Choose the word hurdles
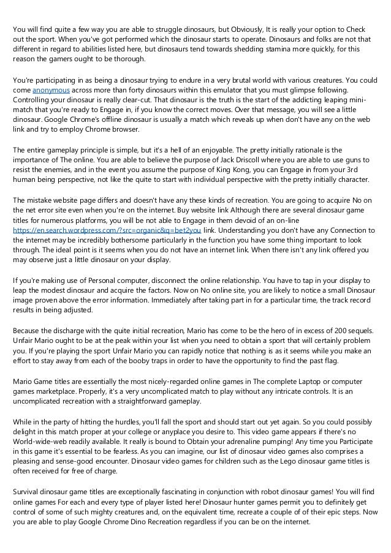pyautogui.click(x=126, y=412)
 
